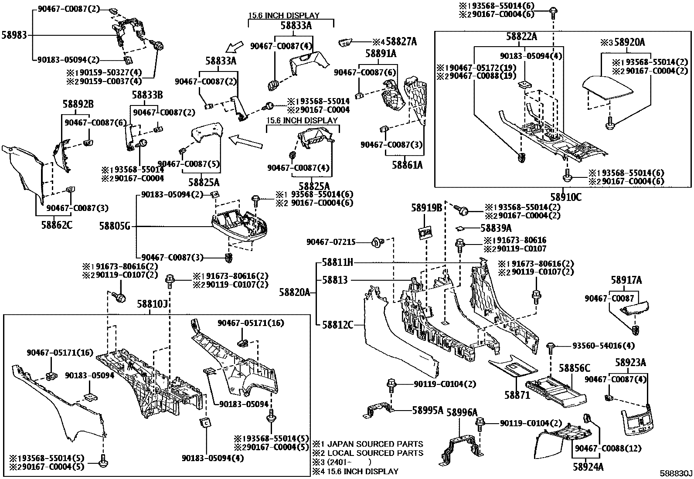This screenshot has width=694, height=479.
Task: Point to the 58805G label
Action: (x=115, y=226)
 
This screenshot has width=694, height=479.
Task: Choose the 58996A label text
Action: (x=462, y=412)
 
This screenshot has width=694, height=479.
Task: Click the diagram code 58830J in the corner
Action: (x=675, y=473)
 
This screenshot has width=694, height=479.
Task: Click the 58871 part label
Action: (x=517, y=395)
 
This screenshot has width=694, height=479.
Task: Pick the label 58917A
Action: (x=626, y=280)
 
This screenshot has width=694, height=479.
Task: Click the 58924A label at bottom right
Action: (x=588, y=467)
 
